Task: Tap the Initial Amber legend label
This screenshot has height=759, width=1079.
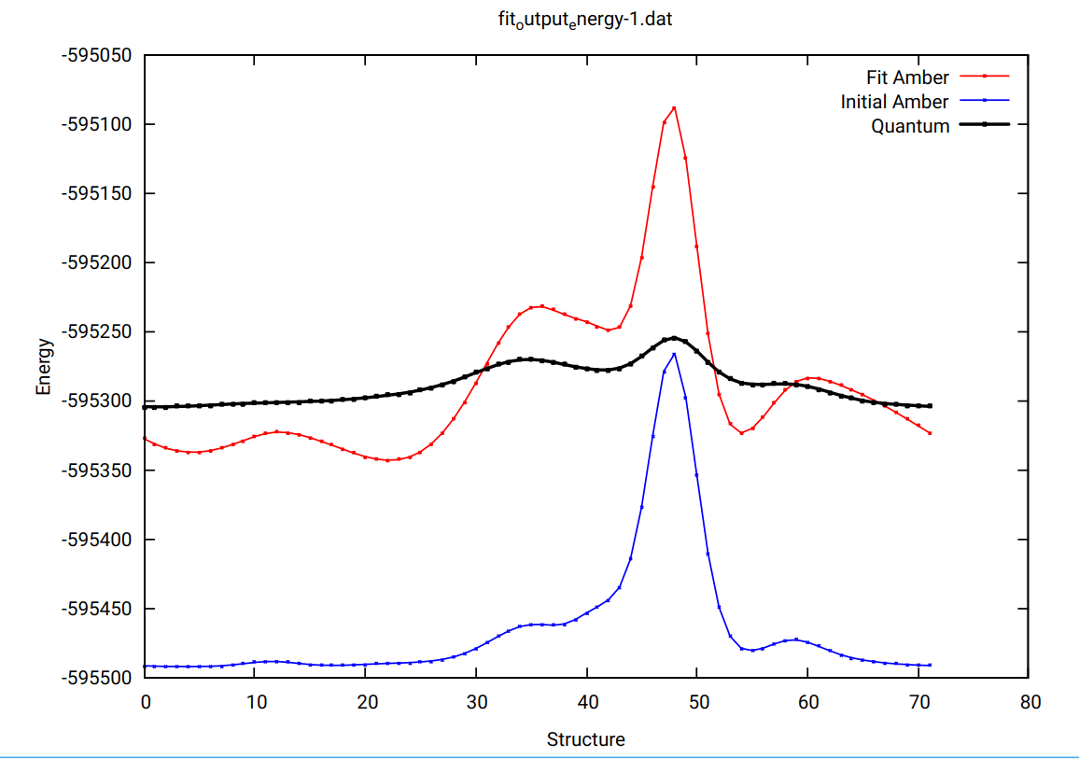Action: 894,102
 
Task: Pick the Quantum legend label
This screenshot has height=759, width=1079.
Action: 910,126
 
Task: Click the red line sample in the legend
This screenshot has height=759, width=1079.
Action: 984,77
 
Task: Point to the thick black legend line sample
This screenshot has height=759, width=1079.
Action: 984,125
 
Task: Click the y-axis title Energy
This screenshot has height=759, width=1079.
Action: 44,366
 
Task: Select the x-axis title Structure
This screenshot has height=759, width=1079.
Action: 585,740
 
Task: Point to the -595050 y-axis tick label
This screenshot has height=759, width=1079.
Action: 97,55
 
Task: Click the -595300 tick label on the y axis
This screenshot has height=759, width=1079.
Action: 97,401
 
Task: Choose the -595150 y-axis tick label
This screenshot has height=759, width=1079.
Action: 97,193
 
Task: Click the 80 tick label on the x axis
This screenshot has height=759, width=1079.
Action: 1030,701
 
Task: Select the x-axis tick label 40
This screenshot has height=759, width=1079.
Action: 587,701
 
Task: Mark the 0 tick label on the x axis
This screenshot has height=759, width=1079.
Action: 145,701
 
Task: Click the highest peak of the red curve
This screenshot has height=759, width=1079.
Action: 674,107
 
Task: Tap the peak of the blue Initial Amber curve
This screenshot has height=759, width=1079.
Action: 674,354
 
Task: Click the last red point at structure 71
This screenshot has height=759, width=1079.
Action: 930,433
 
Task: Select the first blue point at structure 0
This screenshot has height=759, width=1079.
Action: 145,666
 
